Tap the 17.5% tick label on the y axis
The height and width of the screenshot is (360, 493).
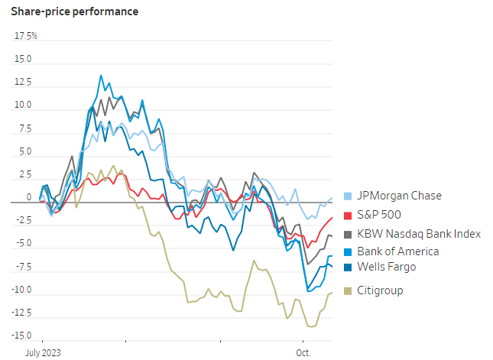[26, 36]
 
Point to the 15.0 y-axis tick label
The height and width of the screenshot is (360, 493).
[23, 59]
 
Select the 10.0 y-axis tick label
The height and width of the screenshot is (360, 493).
[23, 105]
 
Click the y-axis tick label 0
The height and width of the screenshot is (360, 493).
[29, 197]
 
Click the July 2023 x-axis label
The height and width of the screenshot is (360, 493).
[44, 352]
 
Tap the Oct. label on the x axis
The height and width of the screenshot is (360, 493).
[304, 352]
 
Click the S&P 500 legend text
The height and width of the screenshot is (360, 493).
[380, 215]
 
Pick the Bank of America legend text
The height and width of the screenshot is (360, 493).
[398, 251]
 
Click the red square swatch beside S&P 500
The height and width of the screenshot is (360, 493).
[349, 215]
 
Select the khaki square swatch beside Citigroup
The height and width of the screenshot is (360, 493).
[349, 290]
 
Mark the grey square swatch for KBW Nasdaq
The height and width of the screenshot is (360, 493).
[349, 233]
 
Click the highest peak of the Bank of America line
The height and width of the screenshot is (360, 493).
[100, 75]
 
